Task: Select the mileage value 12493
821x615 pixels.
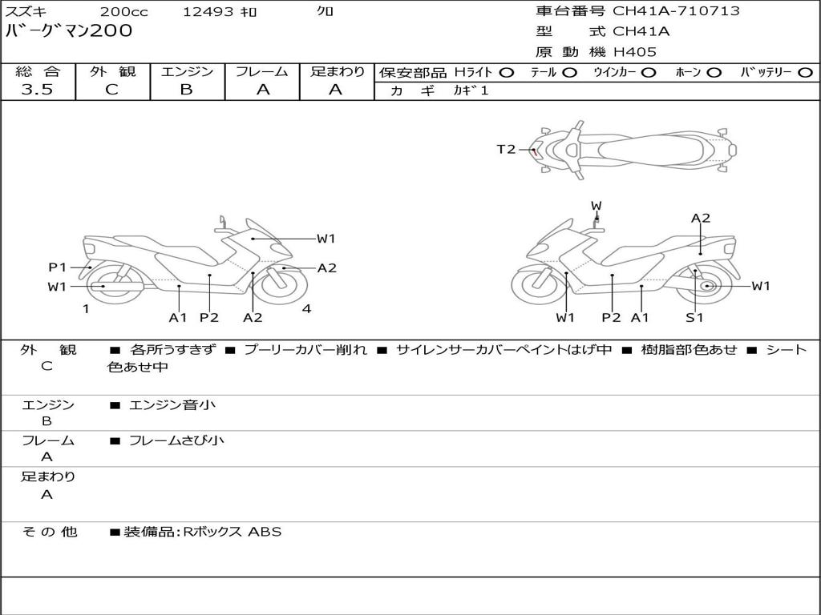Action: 208,12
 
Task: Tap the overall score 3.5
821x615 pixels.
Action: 37,90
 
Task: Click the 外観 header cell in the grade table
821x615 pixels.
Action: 112,72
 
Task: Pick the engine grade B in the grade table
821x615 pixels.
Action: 186,90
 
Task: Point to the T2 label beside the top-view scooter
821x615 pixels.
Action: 506,149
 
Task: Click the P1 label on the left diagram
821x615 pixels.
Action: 57,267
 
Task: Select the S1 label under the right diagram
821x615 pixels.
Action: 694,317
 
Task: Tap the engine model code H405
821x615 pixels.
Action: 635,52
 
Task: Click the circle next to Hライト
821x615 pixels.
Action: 506,72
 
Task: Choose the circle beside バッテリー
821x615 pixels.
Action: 806,72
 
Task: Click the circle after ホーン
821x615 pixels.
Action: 714,72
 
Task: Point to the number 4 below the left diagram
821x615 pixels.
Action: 306,309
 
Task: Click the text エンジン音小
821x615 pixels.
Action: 172,405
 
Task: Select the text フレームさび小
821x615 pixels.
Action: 176,440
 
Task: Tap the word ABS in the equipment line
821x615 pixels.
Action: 265,532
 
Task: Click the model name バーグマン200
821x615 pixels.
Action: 69,31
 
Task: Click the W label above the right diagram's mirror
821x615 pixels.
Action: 596,206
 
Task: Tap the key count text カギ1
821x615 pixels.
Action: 471,90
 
